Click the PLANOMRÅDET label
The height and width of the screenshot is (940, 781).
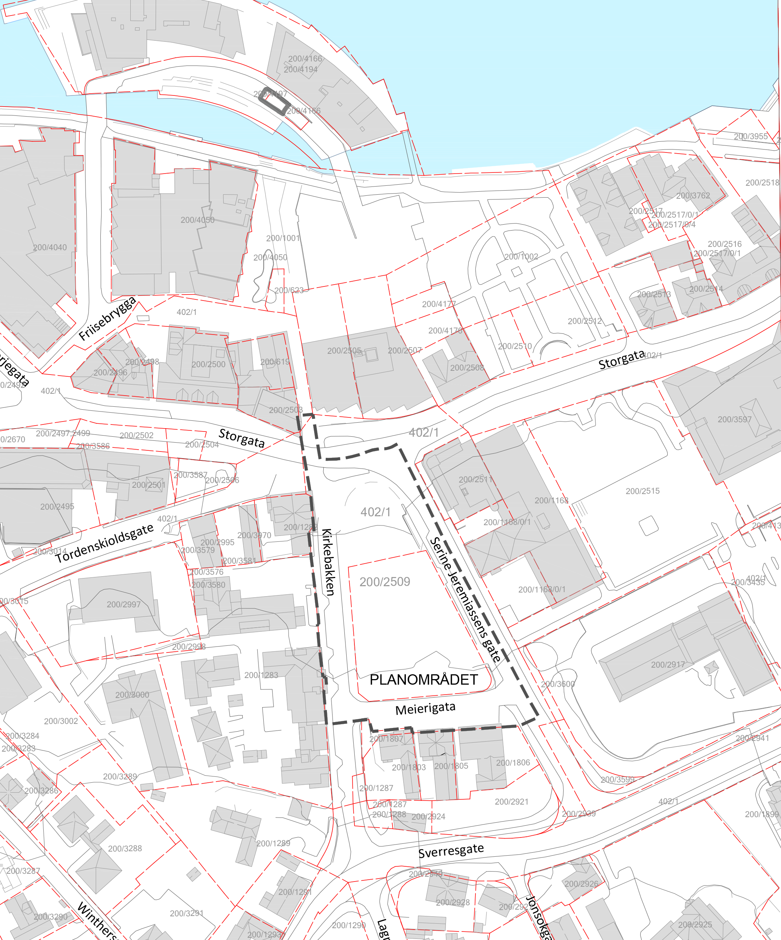[424, 679]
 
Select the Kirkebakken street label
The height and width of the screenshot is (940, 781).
[328, 562]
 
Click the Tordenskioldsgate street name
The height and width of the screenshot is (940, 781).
[104, 543]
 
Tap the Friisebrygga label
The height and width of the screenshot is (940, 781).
[107, 318]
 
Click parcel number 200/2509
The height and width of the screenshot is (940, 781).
[385, 582]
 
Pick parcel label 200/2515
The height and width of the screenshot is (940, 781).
[642, 491]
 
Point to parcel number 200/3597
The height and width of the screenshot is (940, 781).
[734, 419]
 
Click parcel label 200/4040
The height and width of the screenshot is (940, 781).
[50, 248]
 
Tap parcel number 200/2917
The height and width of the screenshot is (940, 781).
[667, 665]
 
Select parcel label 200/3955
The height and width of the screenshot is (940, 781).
[751, 137]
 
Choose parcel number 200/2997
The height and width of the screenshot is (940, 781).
[124, 604]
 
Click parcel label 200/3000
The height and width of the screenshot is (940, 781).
[132, 695]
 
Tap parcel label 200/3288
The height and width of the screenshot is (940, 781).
[125, 848]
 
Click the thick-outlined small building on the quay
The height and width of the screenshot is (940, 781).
[274, 101]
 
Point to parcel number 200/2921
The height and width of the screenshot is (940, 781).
[511, 802]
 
